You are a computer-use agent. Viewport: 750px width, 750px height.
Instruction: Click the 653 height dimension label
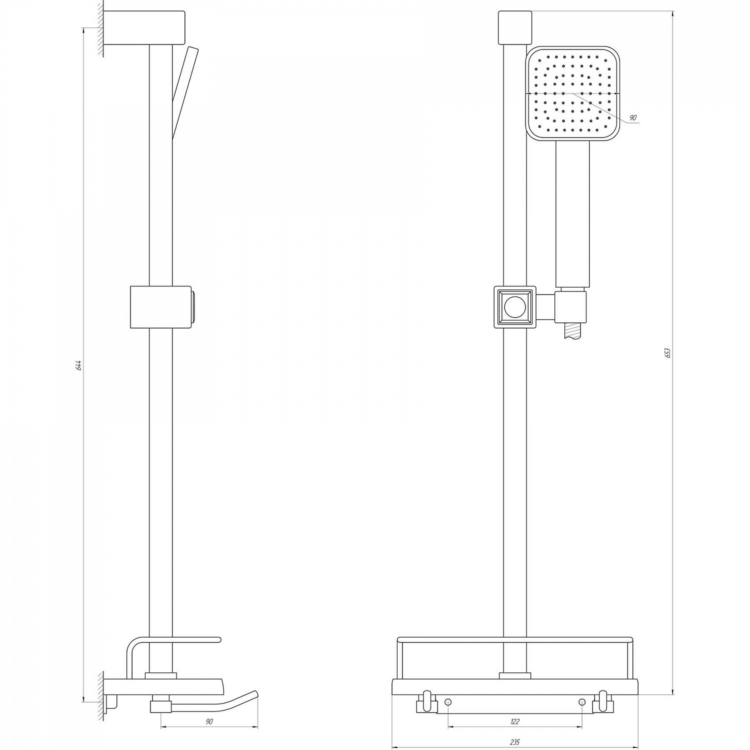667,352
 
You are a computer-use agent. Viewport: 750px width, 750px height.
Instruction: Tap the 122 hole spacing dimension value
515,721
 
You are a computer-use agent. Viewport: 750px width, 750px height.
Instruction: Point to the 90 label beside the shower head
632,117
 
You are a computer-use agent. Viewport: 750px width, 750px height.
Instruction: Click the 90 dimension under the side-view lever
209,721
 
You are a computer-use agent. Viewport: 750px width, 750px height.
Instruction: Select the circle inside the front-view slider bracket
514,307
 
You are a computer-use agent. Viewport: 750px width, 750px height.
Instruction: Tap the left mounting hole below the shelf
448,702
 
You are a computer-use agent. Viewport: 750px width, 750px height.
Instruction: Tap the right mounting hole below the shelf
581,702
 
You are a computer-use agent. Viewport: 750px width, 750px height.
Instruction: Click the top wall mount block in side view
145,28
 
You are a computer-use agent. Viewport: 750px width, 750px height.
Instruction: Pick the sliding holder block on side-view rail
161,307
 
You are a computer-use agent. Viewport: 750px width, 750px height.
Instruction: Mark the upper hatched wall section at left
100,28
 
